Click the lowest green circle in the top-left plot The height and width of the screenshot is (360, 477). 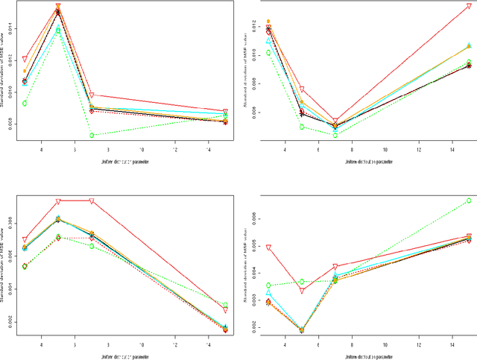(x=92, y=135)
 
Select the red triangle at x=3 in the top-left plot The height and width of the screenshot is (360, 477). (x=25, y=59)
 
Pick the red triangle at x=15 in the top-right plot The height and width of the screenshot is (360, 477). (x=469, y=7)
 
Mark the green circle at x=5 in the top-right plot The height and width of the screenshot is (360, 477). (x=302, y=126)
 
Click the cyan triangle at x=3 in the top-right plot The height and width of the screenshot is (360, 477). (x=268, y=41)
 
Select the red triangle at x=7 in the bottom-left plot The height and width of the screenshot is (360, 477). (x=92, y=201)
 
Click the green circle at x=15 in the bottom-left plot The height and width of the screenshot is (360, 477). (x=225, y=306)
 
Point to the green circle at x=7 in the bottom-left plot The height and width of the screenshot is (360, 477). (x=92, y=246)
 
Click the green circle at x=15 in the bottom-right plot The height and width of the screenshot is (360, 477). (x=469, y=200)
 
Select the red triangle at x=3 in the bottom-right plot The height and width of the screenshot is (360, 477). (x=268, y=247)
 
